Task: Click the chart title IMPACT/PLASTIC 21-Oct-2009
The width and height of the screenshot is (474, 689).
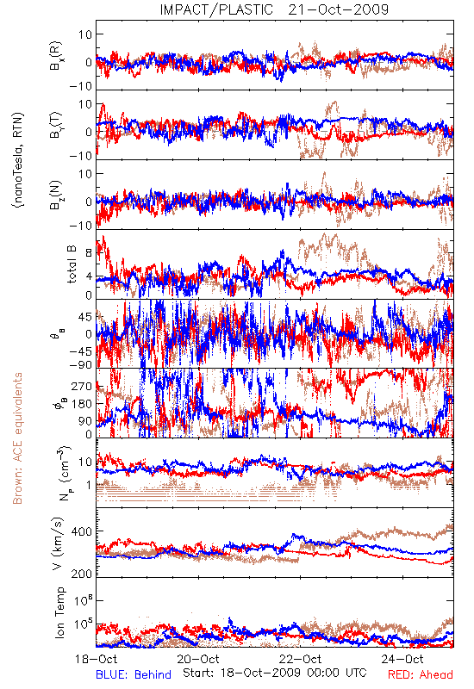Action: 274,9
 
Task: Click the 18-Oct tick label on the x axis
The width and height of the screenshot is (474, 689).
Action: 97,659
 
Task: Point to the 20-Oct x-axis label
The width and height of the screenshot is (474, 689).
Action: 198,659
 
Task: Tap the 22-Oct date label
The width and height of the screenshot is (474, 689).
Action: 300,659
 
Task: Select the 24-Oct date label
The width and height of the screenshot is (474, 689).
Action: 402,659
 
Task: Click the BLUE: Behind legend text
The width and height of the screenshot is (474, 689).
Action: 134,674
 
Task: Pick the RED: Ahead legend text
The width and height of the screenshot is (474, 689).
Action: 421,674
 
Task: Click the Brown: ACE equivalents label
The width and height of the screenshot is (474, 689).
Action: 17,438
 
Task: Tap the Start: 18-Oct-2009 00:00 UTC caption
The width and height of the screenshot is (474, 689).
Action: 275,673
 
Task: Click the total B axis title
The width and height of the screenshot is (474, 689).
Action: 72,264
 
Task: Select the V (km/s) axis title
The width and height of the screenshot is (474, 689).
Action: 59,543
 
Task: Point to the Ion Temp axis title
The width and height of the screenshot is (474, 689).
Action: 59,612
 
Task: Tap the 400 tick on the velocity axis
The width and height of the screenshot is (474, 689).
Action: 82,531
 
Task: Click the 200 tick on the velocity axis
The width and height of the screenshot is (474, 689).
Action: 82,574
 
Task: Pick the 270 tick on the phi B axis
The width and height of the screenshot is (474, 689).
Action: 82,386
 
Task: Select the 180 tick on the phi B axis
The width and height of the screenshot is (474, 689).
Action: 82,404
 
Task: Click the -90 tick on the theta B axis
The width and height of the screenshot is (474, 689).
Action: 81,365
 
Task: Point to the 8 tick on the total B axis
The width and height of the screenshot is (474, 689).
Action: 89,253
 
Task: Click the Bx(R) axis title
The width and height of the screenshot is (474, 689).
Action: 56,56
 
